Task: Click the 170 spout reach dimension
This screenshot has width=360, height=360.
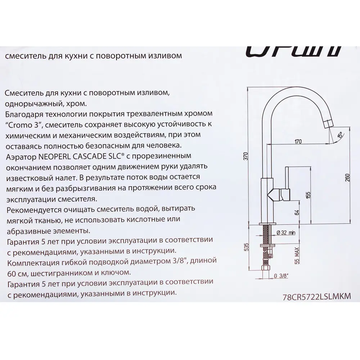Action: click(x=298, y=141)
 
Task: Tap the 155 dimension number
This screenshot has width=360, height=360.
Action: click(x=307, y=195)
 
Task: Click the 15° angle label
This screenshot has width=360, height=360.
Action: click(x=339, y=136)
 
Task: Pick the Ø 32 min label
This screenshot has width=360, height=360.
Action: click(x=286, y=233)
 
